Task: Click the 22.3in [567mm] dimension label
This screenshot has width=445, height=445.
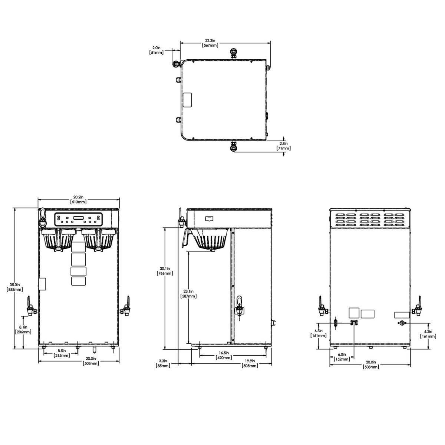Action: tap(210, 43)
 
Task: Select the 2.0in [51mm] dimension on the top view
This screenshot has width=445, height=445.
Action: tap(156, 50)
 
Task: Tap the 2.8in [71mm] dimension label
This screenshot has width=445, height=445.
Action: tap(284, 146)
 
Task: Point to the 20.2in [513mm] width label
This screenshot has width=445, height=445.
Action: tap(78, 200)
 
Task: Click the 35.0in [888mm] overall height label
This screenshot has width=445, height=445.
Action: tap(15, 287)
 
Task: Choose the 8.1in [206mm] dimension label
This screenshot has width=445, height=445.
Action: tap(23, 330)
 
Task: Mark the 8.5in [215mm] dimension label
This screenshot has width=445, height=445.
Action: tap(62, 353)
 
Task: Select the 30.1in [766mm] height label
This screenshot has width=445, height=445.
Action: tap(165, 271)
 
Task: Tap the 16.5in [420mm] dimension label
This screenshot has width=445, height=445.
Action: tap(224, 355)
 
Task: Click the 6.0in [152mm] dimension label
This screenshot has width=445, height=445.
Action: tap(342, 357)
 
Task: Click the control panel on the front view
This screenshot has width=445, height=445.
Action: tap(78, 220)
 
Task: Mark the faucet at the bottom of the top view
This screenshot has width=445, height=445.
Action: tap(234, 146)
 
